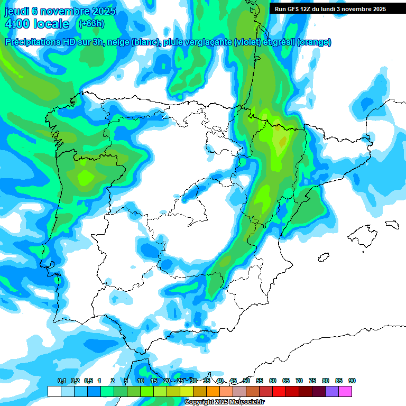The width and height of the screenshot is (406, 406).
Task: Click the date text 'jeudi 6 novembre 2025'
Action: coord(60,11)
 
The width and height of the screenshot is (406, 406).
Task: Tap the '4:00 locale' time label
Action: coord(36,24)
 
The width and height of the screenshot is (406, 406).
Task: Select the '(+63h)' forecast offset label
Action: coord(91,23)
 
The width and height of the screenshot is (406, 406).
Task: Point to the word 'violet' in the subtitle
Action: coord(246,42)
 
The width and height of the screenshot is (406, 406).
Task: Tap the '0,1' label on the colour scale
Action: coord(61,381)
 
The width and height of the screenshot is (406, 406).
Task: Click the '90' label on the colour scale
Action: coord(352,381)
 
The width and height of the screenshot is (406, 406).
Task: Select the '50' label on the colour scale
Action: coord(246,381)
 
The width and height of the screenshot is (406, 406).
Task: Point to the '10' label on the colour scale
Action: coord(141,381)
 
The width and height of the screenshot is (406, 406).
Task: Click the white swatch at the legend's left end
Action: coord(54,391)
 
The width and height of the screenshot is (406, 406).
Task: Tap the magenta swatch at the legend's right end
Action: coord(345,391)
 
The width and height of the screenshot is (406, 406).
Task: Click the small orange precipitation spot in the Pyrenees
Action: coord(282,142)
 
